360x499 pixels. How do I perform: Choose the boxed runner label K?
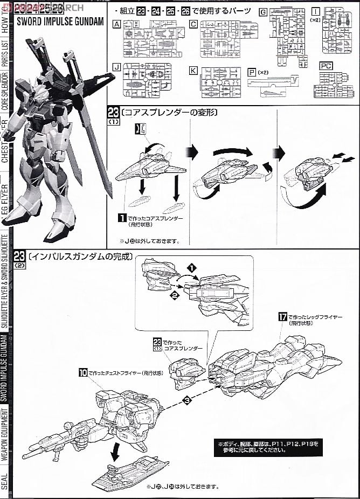click(x=193, y=70)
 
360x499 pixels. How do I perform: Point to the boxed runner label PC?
click(x=326, y=65)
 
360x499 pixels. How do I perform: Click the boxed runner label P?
click(x=252, y=70)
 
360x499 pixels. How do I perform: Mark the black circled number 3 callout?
click(x=186, y=400)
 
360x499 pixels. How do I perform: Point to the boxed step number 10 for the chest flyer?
click(x=83, y=372)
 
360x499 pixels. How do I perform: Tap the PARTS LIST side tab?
click(x=5, y=54)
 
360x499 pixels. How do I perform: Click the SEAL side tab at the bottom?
click(x=5, y=481)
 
